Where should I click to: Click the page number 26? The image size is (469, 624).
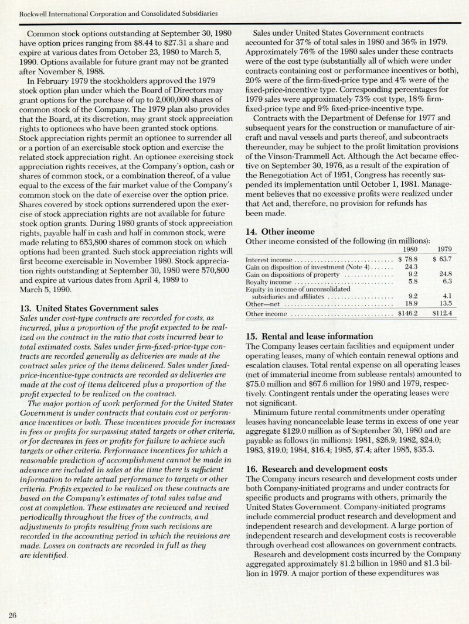click(12, 614)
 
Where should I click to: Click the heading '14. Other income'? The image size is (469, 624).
click(280, 232)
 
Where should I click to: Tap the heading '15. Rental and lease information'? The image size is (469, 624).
click(308, 337)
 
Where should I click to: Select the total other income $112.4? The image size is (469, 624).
click(441, 314)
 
